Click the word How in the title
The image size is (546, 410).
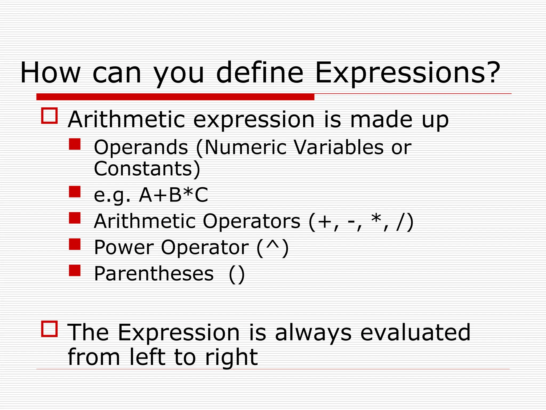click(50, 73)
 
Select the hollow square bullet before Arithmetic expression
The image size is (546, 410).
click(49, 116)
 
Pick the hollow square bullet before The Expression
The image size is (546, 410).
click(49, 329)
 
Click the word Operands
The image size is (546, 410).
click(141, 147)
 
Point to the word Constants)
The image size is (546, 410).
click(147, 169)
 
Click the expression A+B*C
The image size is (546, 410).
click(173, 195)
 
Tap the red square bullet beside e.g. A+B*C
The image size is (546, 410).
click(75, 192)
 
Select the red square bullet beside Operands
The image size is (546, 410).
click(75, 144)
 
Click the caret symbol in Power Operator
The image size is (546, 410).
click(272, 245)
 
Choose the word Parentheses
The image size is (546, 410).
click(154, 274)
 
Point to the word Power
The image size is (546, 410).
click(124, 247)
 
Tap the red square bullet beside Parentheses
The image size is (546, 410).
click(75, 270)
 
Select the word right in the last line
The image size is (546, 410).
click(231, 358)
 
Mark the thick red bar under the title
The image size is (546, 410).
click(175, 97)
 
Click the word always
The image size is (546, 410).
click(313, 333)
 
